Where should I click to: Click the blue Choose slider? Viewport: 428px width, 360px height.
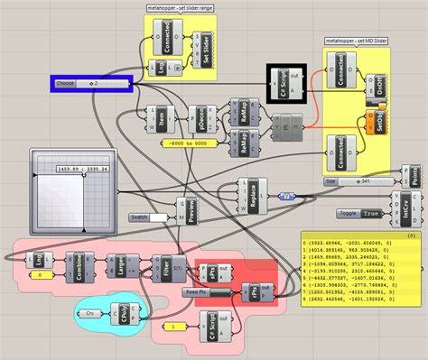[90, 83]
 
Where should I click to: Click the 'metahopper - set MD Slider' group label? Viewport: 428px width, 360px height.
[358, 41]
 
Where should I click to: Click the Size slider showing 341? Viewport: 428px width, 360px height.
[361, 180]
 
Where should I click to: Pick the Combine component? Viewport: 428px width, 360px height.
[80, 268]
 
